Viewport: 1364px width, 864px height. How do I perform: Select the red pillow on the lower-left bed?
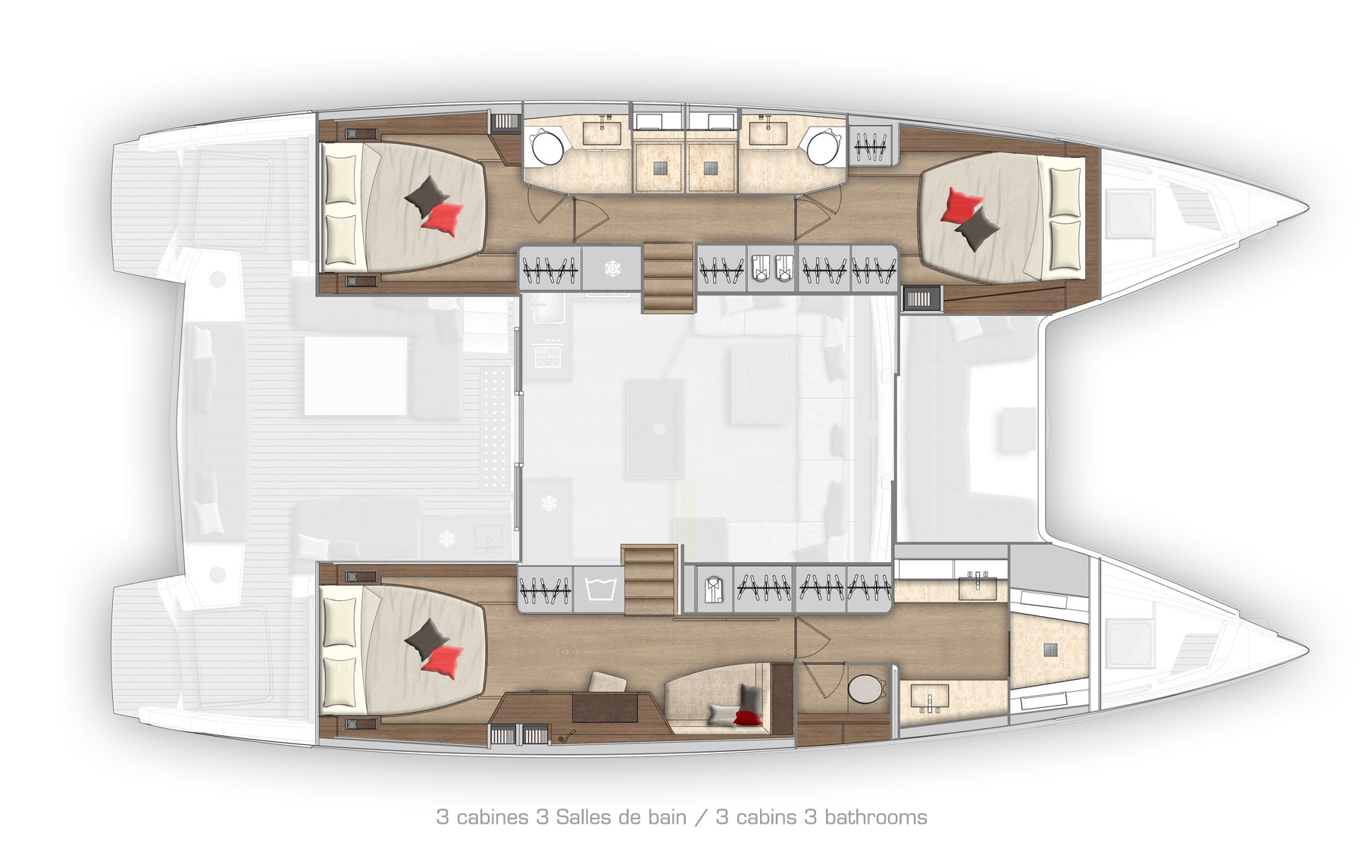[443, 661]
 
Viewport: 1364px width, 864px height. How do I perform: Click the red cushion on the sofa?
[746, 717]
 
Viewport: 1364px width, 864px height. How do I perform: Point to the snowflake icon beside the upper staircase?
[612, 268]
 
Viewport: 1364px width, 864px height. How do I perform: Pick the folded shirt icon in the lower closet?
[712, 589]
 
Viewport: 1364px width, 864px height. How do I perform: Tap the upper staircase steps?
[668, 277]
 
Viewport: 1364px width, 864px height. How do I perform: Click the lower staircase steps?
[649, 580]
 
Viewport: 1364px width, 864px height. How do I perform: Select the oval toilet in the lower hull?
[865, 689]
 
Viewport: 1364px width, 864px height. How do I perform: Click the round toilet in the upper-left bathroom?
[547, 148]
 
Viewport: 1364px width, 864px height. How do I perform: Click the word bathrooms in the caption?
[875, 817]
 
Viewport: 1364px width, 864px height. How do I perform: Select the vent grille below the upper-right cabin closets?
[921, 299]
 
